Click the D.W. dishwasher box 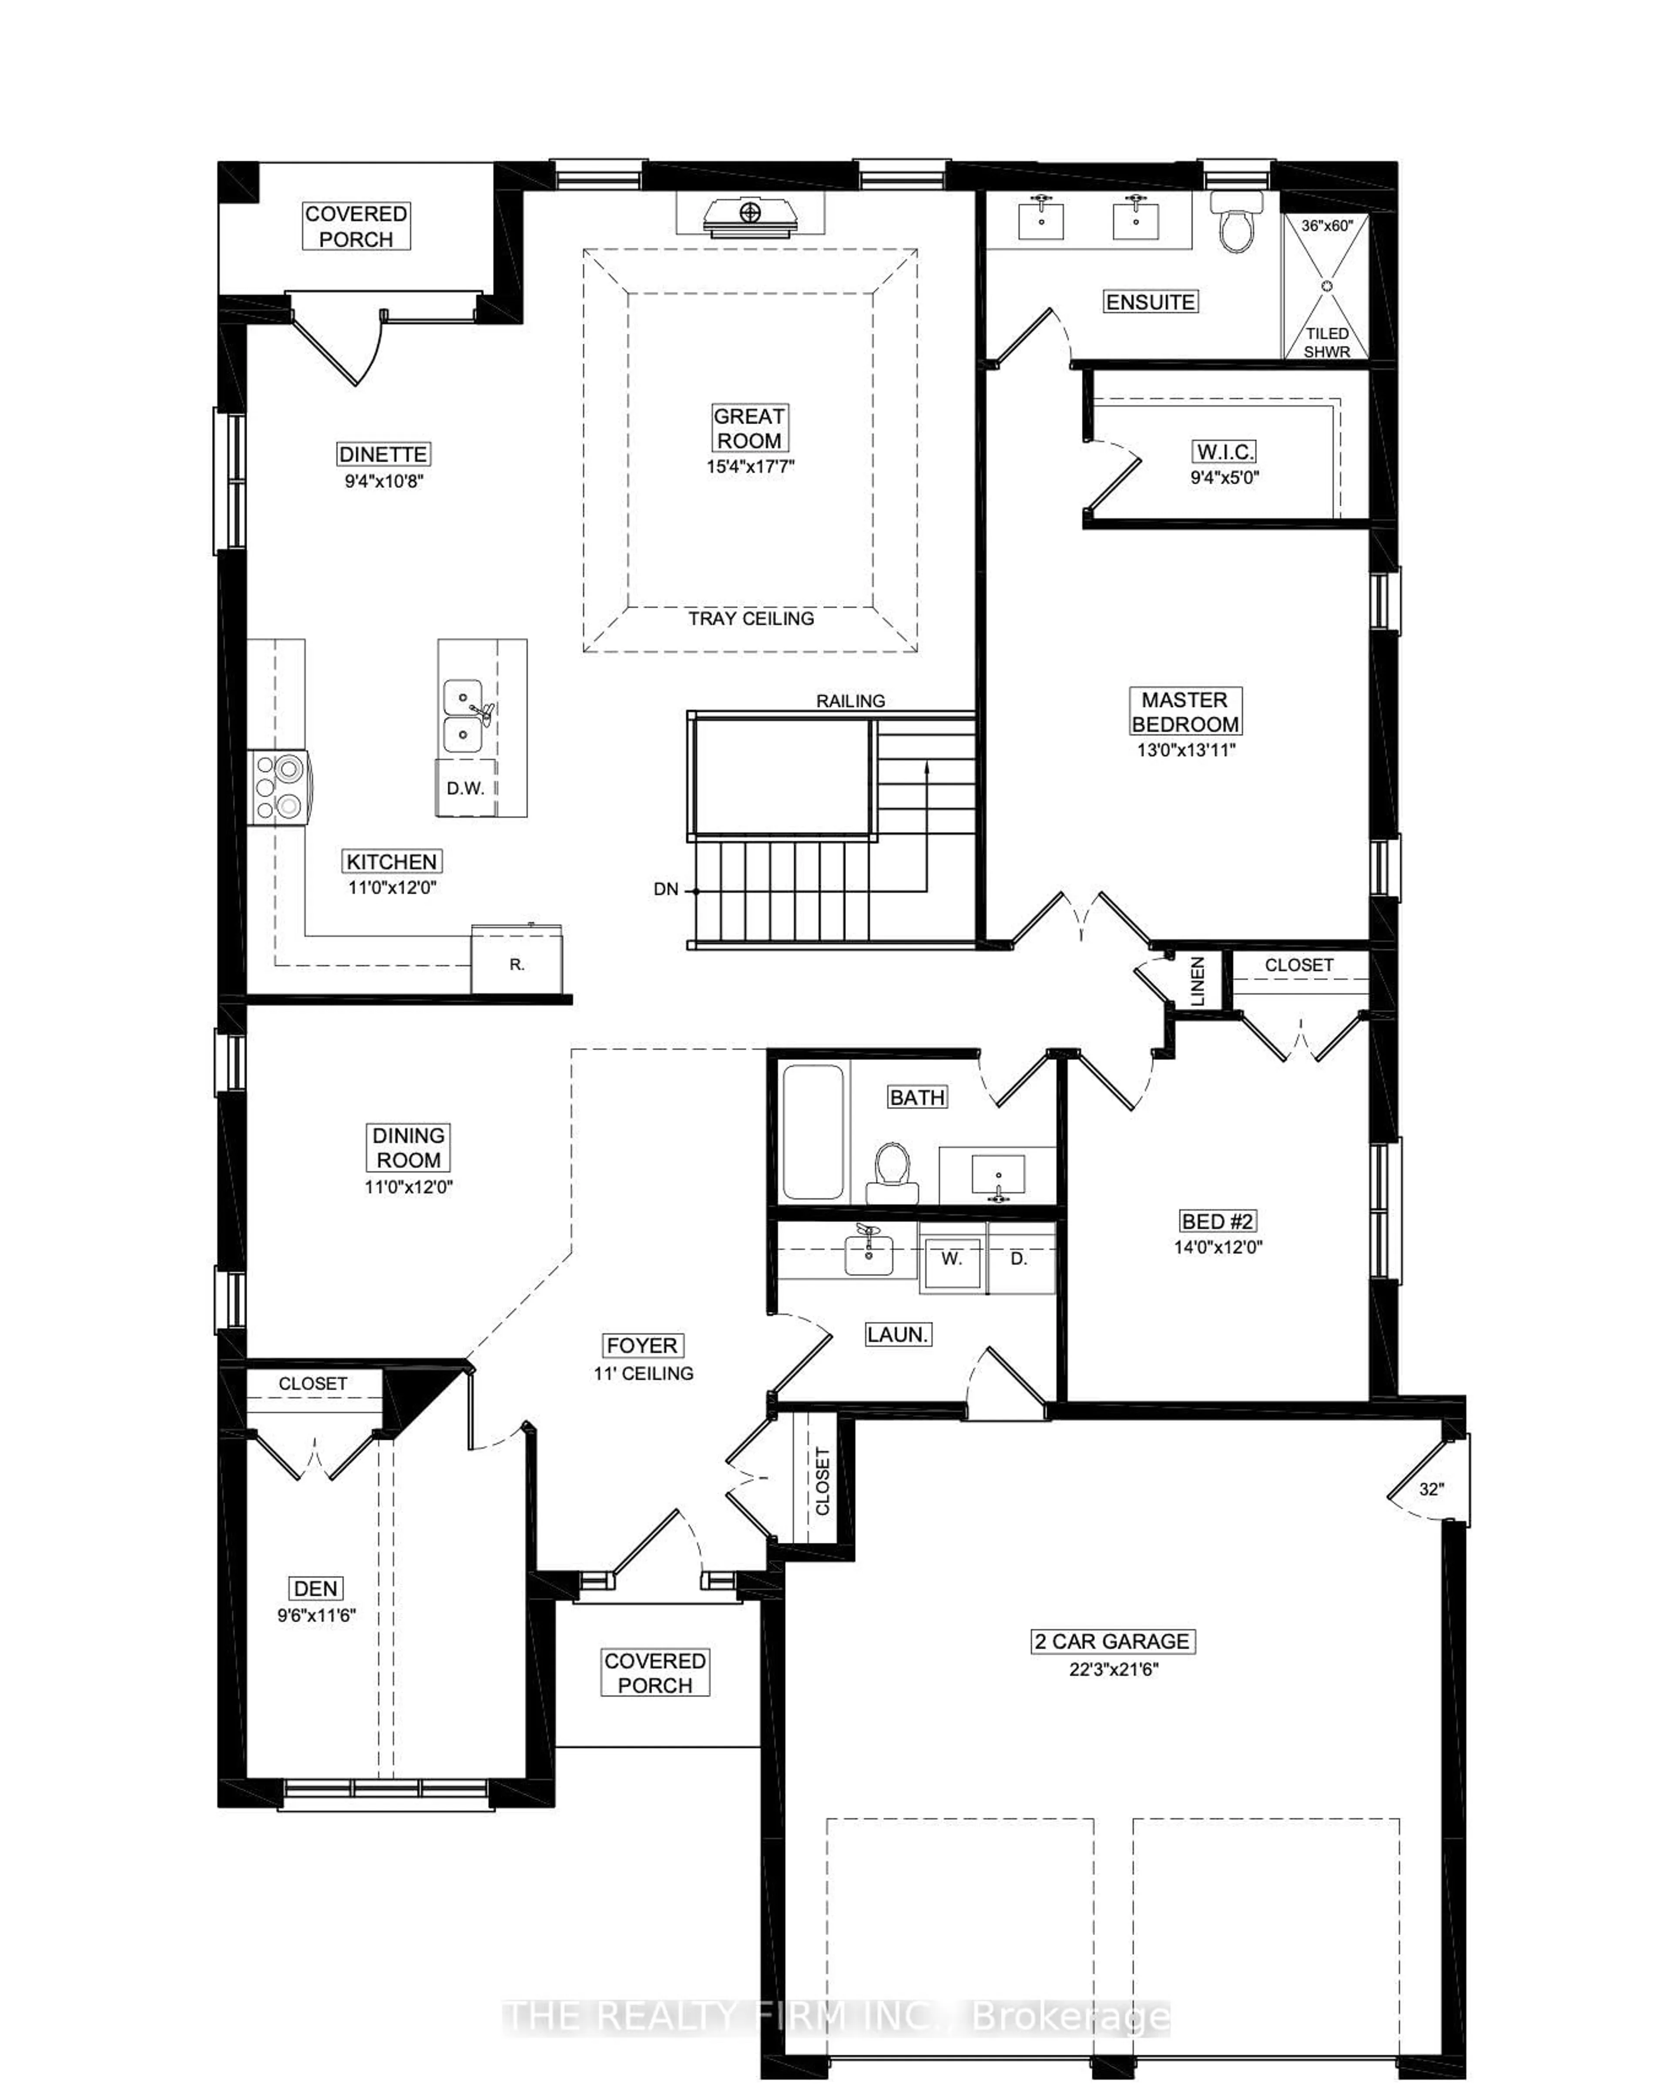tap(465, 788)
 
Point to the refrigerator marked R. tap(517, 962)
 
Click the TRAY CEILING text tap(750, 618)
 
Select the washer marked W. tap(951, 1258)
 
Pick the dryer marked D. tap(1019, 1258)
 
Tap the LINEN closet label tap(1197, 980)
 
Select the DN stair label tap(666, 889)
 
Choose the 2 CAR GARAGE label tap(1112, 1641)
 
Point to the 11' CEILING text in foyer tap(643, 1373)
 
